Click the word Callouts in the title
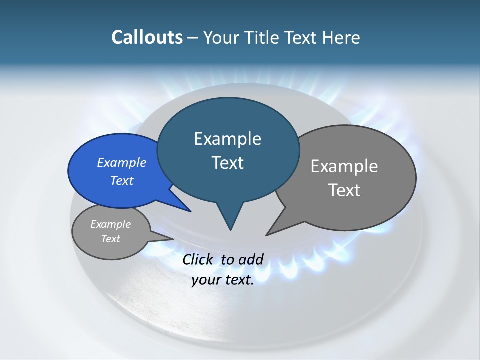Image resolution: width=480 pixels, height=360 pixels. coord(147,38)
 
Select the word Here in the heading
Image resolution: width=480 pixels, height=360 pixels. coord(341,38)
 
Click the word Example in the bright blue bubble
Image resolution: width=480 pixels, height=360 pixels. coord(122,163)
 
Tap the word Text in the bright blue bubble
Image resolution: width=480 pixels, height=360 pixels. coord(122,181)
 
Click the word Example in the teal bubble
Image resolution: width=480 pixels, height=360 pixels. coord(227,139)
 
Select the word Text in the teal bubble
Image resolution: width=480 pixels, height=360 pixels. coord(227,163)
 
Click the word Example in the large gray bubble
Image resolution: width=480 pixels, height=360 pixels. coord(344,166)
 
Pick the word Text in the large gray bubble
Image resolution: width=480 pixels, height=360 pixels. coord(344,190)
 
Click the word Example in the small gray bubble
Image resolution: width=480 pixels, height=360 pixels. coord(110,225)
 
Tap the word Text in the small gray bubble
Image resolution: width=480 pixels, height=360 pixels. coord(110,239)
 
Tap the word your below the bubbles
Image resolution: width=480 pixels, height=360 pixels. coord(206,280)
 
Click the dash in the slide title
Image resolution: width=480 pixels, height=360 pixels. coord(193,38)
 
